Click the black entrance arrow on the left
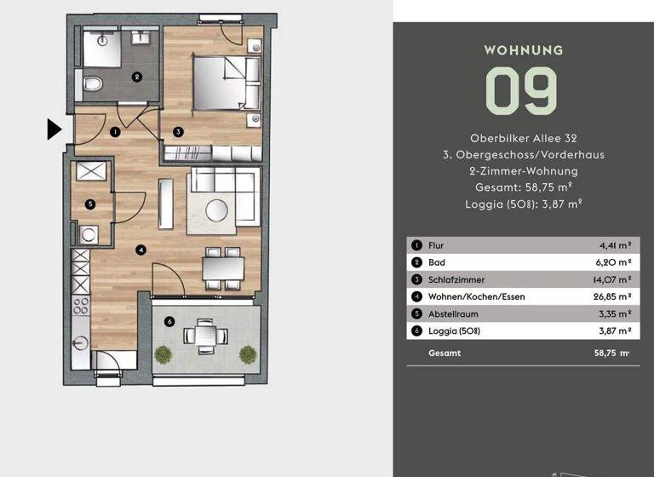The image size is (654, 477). coord(54,129)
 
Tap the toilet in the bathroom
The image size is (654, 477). coord(93,83)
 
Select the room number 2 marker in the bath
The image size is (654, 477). coord(136,77)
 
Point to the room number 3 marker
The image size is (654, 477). coord(177,132)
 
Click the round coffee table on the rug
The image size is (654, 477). coord(215,207)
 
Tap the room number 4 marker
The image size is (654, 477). coord(141,250)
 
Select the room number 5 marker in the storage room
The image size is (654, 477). coord(89,204)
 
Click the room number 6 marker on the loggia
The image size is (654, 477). coord(169,321)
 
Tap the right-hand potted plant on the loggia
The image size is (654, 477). coord(247,353)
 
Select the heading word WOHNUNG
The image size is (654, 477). coord(523,50)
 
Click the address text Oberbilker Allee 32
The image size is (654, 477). coord(523,138)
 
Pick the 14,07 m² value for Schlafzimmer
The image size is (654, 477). coord(615,279)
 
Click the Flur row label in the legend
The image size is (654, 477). coord(436,245)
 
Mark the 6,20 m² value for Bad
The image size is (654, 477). coord(617,262)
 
